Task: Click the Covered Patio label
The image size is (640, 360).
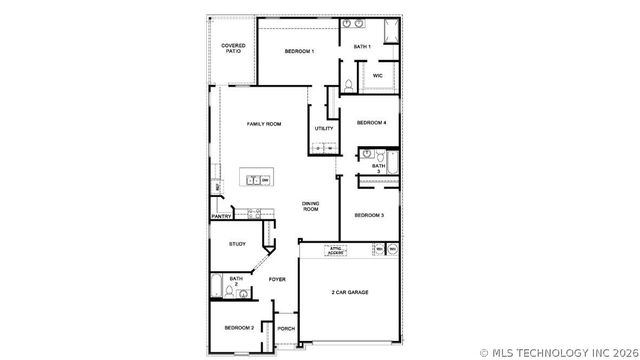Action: click(x=233, y=47)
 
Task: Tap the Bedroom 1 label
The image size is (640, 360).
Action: click(x=299, y=51)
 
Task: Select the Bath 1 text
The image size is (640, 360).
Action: click(x=362, y=47)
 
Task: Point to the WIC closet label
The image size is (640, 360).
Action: click(x=378, y=76)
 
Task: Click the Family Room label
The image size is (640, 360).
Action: click(x=264, y=123)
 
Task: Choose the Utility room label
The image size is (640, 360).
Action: click(x=324, y=128)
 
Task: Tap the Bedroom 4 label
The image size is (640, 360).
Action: click(x=371, y=123)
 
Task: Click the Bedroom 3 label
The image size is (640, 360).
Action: click(x=369, y=215)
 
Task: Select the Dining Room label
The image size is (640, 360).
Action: click(x=311, y=206)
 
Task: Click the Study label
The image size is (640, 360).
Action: click(x=237, y=244)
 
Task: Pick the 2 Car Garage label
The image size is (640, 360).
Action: click(x=350, y=293)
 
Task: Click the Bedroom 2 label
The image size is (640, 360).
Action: click(x=239, y=327)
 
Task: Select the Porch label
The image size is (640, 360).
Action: click(x=286, y=328)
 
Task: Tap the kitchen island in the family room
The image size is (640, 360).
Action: click(x=258, y=180)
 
